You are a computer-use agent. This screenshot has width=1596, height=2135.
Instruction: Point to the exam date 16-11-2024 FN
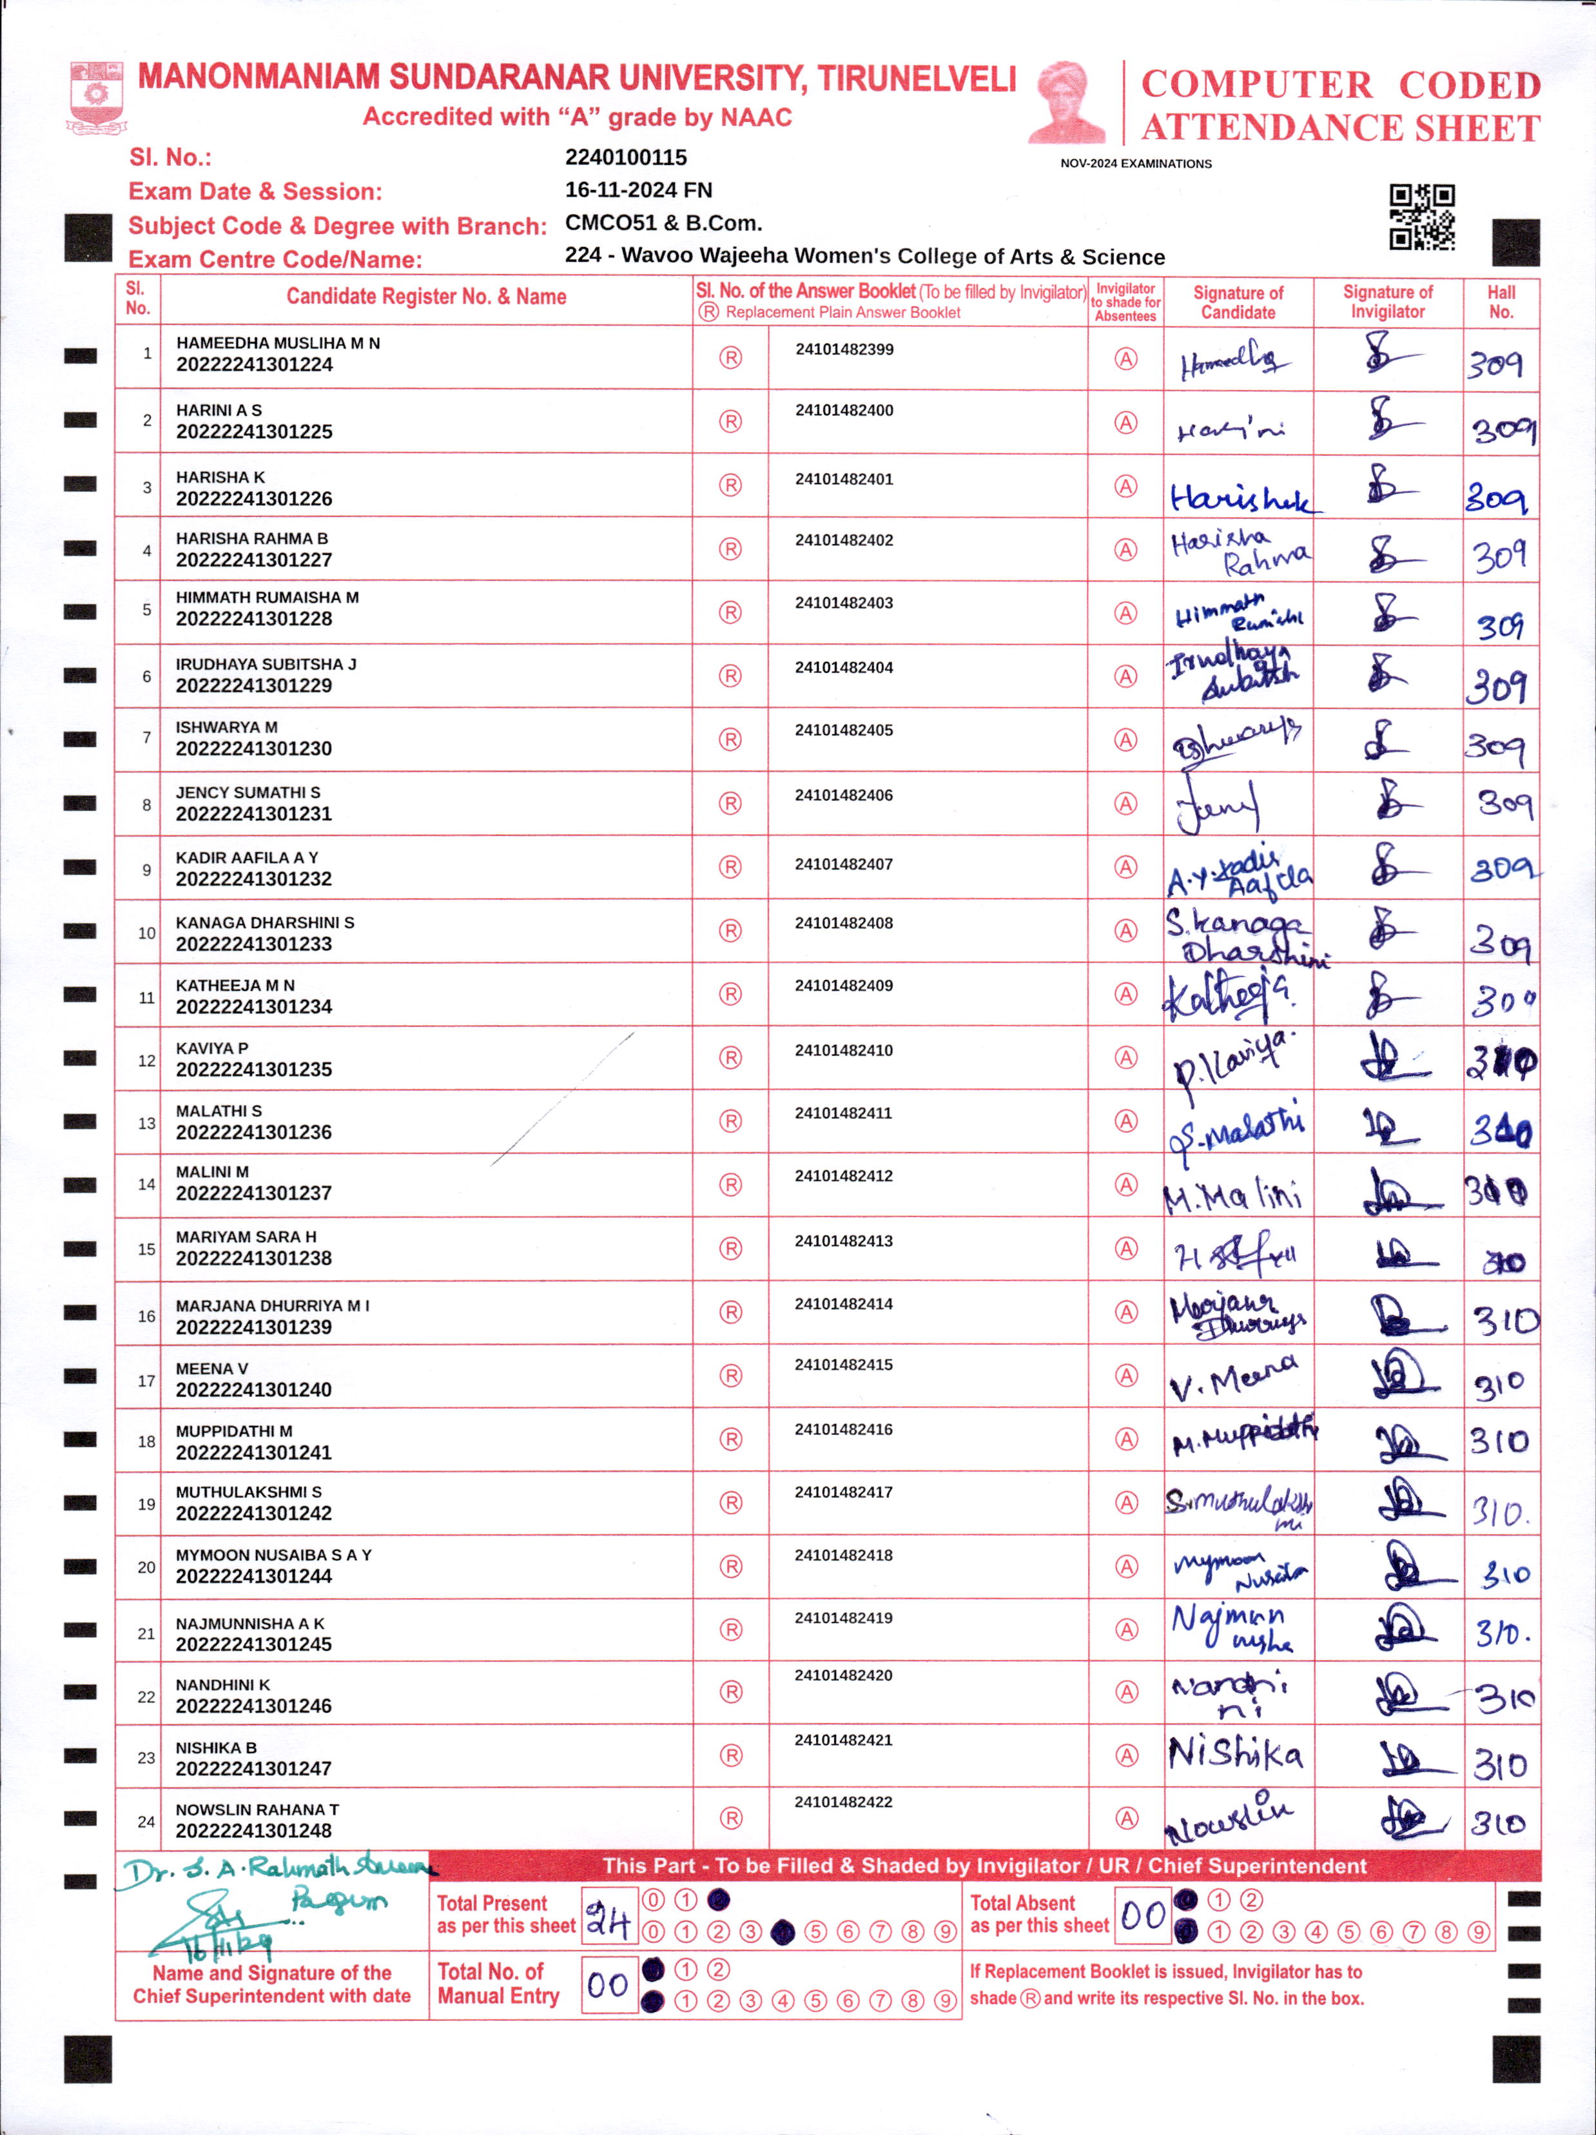coord(638,190)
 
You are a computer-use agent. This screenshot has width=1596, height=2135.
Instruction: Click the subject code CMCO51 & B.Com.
coord(663,223)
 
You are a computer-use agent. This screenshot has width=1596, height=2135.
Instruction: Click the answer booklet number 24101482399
coord(844,349)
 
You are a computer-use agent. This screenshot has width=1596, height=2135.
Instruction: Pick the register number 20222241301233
coord(254,944)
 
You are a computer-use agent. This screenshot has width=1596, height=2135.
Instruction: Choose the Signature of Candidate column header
coord(1238,302)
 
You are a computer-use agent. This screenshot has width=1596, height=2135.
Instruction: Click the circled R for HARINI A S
coord(730,422)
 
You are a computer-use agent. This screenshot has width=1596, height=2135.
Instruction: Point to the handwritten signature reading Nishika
coord(1235,1753)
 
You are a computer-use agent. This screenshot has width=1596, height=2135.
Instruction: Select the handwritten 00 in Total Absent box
coord(1143,1915)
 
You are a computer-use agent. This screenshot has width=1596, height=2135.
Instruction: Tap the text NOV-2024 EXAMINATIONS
coord(1136,164)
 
